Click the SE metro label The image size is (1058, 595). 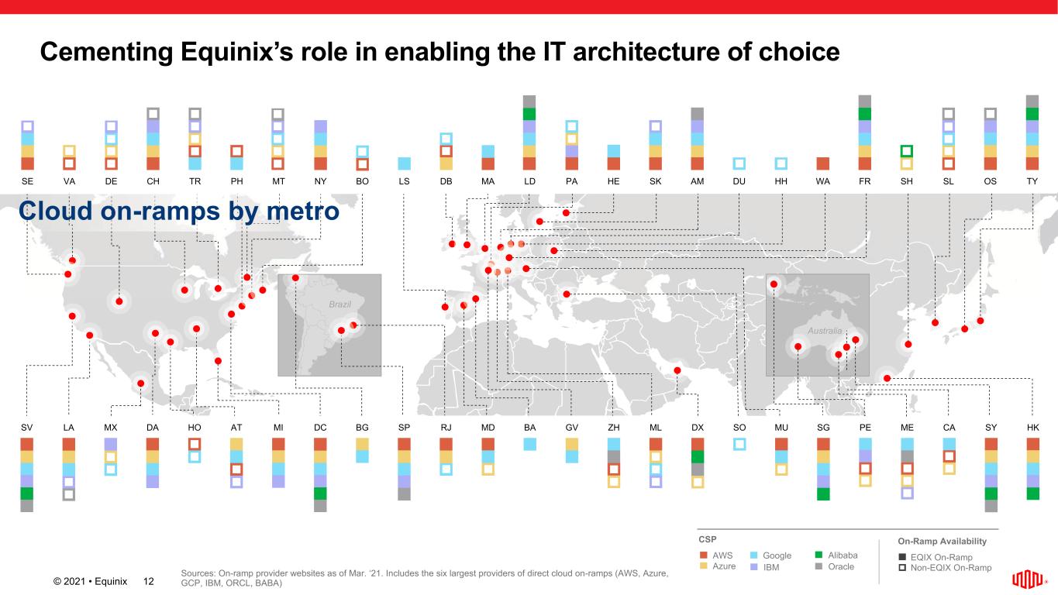tap(27, 181)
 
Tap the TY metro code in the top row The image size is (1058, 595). tap(1032, 181)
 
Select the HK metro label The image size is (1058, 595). tap(1032, 427)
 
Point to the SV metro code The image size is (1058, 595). tap(27, 427)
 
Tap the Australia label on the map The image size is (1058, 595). tap(825, 331)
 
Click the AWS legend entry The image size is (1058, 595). tap(722, 555)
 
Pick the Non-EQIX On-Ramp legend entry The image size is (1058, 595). tap(950, 568)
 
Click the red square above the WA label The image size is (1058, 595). tap(823, 163)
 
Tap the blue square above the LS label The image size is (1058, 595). tap(404, 163)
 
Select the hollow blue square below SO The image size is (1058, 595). tap(739, 444)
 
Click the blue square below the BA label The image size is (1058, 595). tap(529, 444)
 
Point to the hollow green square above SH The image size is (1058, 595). tap(907, 151)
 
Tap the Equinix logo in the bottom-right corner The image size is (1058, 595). tap(1029, 580)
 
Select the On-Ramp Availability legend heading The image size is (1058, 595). tap(942, 541)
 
